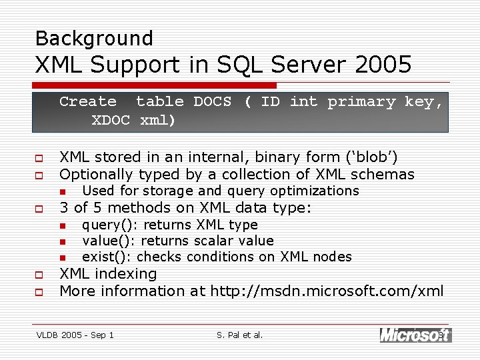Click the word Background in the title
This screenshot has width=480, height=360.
pyautogui.click(x=94, y=38)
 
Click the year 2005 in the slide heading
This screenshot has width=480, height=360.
pyautogui.click(x=383, y=65)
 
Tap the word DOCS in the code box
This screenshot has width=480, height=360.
pyautogui.click(x=213, y=102)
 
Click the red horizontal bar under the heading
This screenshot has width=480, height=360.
pyautogui.click(x=155, y=85)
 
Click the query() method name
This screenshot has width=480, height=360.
pyautogui.click(x=108, y=225)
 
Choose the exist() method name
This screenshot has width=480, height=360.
pyautogui.click(x=105, y=257)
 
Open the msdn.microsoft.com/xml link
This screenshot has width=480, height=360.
pyautogui.click(x=327, y=291)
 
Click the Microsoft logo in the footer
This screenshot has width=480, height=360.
pyautogui.click(x=415, y=335)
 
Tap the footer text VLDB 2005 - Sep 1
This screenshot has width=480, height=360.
pyautogui.click(x=75, y=335)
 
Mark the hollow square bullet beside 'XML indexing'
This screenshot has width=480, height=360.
pyautogui.click(x=39, y=275)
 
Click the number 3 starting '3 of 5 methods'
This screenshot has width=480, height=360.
pyautogui.click(x=64, y=208)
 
